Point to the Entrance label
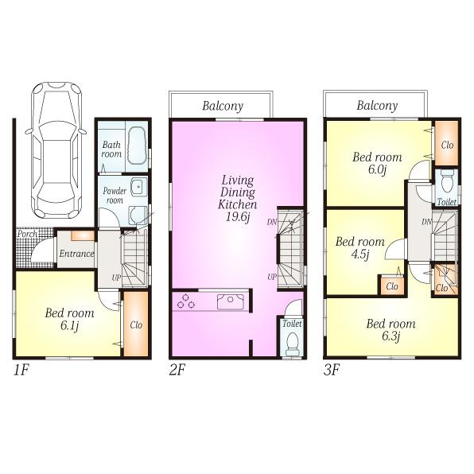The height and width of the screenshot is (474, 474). click(x=76, y=254)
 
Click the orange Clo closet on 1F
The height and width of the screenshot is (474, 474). click(x=137, y=324)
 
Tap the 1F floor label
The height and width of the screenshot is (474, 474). click(x=21, y=371)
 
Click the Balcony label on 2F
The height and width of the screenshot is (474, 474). click(x=222, y=106)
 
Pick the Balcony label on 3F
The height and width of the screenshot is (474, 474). click(x=376, y=106)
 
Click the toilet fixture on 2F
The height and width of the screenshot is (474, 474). click(x=291, y=342)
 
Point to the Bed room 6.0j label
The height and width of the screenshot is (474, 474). click(x=378, y=163)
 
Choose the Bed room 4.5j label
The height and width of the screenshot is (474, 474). click(x=359, y=247)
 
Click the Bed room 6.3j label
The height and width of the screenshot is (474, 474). click(x=390, y=330)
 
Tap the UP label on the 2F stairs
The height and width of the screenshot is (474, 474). click(x=272, y=277)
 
